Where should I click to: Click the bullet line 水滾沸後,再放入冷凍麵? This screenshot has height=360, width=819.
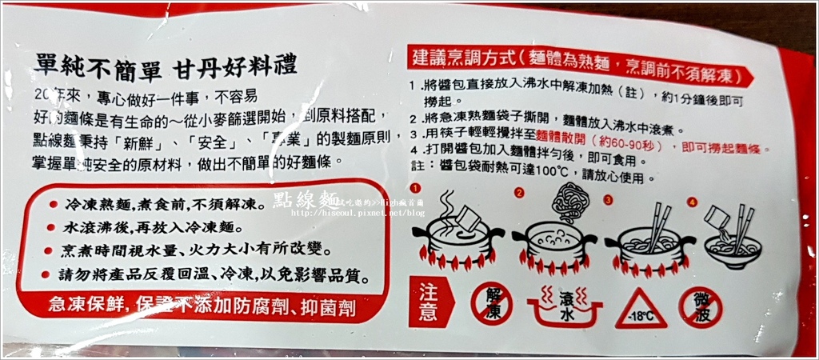159,227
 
